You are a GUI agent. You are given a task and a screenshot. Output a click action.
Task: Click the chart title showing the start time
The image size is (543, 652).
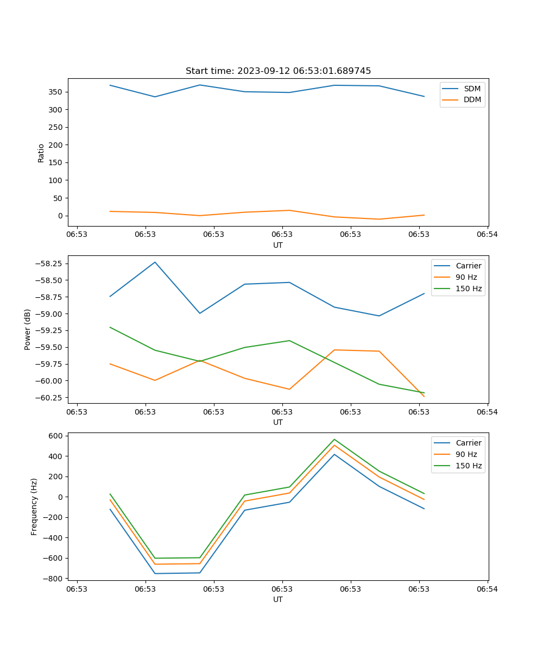point(278,71)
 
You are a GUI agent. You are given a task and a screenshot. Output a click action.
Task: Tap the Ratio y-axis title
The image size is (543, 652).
point(41,153)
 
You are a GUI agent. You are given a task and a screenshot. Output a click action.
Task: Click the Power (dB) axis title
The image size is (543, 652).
point(28,329)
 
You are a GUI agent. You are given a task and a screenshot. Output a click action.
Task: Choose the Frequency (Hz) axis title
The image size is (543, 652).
point(34,506)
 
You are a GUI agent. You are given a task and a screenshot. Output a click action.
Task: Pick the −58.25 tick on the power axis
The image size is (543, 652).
point(50,264)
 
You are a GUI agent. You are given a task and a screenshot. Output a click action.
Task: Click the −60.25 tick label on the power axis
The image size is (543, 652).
point(50,397)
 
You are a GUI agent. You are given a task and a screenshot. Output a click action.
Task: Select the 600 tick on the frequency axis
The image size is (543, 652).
point(56,436)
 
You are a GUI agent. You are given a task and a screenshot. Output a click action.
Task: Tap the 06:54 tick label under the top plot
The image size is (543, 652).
point(487,235)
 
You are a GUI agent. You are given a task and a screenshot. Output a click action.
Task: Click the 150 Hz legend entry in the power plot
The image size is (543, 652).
point(469,289)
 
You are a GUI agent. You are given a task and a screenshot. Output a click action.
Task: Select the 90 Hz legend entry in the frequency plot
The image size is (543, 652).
point(466,454)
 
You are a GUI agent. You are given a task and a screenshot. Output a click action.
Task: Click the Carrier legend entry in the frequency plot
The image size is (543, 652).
point(468,443)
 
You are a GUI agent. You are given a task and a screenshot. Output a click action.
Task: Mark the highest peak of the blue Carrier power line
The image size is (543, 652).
point(155,262)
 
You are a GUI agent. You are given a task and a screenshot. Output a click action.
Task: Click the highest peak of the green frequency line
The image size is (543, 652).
point(334,439)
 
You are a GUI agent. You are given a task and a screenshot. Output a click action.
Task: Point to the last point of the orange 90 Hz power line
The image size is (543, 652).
point(424,397)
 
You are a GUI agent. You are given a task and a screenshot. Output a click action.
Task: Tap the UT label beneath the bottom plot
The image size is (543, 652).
point(278,599)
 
